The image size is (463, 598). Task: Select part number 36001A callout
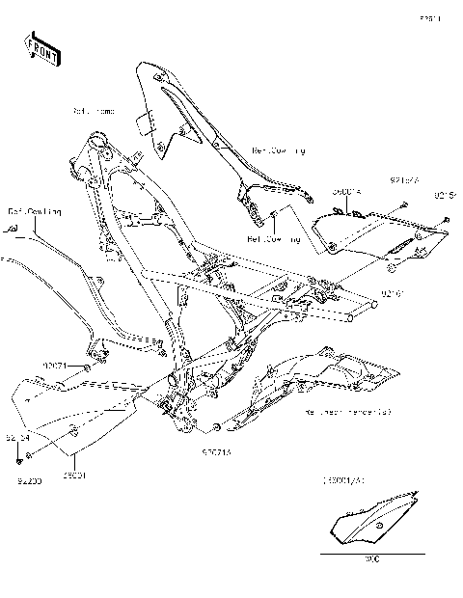coord(346,192)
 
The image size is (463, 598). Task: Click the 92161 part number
coord(394,292)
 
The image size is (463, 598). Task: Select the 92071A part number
coord(217,450)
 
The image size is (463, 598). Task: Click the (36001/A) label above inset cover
coord(344,479)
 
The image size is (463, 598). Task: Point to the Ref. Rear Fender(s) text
coord(348,412)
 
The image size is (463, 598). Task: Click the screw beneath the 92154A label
coord(402,204)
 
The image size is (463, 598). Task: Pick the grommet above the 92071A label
coord(219,424)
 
